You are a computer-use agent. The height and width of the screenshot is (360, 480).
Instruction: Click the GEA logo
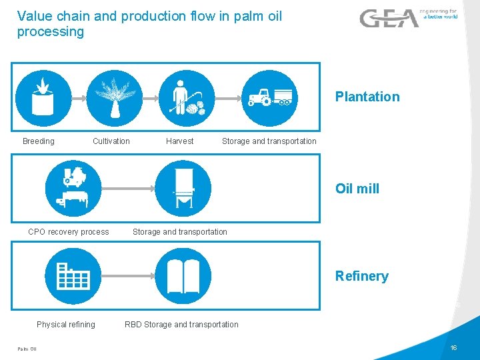point(389,18)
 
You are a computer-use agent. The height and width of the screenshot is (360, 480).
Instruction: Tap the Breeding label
point(39,141)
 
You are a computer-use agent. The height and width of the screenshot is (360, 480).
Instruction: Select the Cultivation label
point(111,141)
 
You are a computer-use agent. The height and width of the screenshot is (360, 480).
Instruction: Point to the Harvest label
point(179,141)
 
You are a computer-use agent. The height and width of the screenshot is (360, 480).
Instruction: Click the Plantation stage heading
point(367,97)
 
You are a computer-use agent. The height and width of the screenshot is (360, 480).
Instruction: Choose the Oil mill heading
point(357,189)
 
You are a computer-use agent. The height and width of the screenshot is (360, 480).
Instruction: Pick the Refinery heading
point(362,276)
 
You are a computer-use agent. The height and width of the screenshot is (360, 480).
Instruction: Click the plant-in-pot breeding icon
point(43,98)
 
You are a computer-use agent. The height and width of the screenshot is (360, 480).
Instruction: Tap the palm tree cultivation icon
point(115,98)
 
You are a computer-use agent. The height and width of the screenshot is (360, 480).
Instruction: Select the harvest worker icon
point(187,98)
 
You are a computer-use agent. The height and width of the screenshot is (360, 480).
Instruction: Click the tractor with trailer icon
point(269,98)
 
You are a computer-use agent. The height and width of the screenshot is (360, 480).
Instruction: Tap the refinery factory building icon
point(73,275)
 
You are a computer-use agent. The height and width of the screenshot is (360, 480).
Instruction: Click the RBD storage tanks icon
point(183,275)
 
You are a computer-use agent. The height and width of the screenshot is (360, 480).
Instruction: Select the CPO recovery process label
point(69,232)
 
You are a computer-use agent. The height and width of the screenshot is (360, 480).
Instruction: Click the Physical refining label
point(66,325)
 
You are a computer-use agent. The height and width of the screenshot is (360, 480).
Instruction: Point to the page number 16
point(453,349)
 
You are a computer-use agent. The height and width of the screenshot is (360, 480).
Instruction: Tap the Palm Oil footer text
point(27,349)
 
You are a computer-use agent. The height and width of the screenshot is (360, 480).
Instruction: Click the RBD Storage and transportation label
point(181,325)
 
